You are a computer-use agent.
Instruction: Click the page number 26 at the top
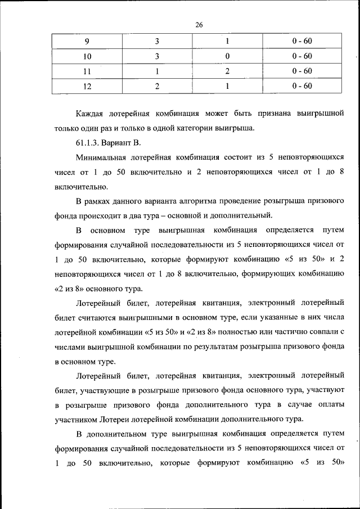pyautogui.click(x=199, y=24)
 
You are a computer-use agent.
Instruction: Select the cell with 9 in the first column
pyautogui.click(x=87, y=42)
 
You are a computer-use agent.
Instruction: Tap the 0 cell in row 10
pyautogui.click(x=227, y=56)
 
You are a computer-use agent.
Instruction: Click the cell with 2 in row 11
pyautogui.click(x=227, y=71)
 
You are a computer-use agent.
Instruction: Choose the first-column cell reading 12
pyautogui.click(x=87, y=86)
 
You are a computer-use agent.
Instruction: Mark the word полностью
pyautogui.click(x=238, y=332)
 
